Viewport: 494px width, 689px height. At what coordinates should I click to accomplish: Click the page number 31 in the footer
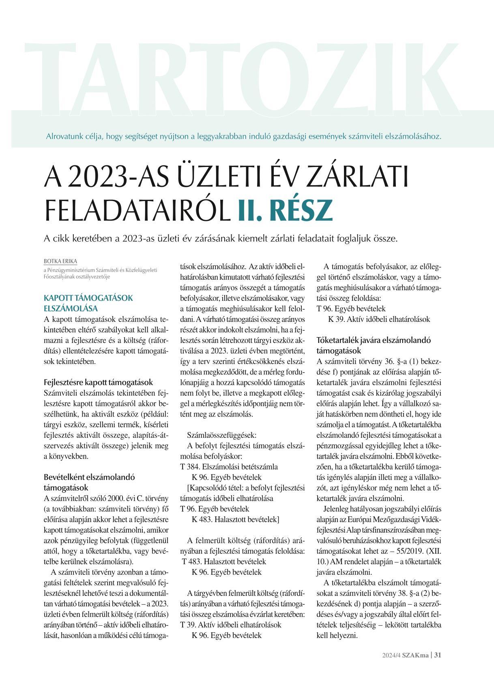coord(438,655)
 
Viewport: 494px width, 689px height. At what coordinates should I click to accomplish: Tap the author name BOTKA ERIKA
coord(60,261)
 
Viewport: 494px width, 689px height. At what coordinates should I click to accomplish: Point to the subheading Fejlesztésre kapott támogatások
coord(98,382)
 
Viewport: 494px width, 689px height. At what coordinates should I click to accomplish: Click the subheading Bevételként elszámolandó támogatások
coord(89,482)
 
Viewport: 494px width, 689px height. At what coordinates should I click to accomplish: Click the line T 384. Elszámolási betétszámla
coord(229,466)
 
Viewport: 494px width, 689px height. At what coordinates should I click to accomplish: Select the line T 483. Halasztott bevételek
coord(223,561)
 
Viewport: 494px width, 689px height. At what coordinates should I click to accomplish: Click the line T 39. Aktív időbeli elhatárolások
coord(230,625)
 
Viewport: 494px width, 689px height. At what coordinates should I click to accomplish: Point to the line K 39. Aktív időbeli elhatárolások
coord(379,319)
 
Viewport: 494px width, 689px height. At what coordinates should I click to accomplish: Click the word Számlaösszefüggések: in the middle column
coord(221,435)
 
